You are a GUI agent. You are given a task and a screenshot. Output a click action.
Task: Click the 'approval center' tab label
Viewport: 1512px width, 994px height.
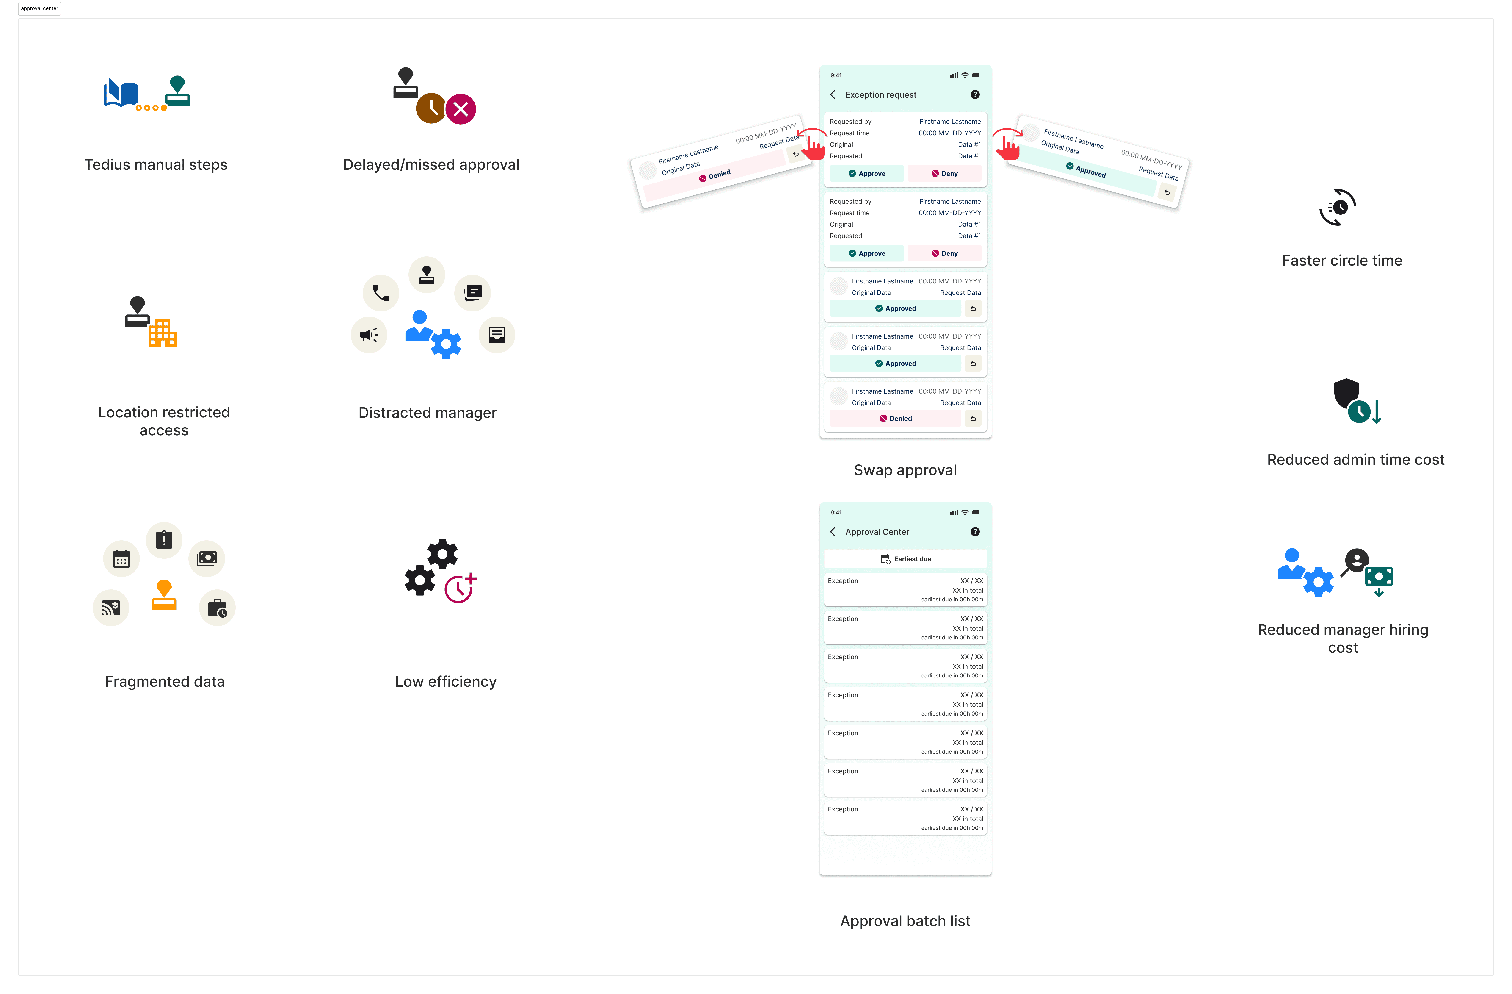tap(39, 8)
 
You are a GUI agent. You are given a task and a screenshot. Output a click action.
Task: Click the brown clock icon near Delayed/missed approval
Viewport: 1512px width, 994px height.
tap(431, 109)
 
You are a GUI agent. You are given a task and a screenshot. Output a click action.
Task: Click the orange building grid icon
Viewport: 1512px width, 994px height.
tap(163, 333)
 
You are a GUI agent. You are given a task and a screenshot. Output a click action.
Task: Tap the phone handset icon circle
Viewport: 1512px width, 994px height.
tap(381, 293)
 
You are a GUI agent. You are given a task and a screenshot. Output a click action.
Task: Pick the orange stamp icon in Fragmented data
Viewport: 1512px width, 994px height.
tap(164, 596)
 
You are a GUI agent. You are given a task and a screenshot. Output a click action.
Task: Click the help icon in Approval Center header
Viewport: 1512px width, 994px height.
tap(974, 532)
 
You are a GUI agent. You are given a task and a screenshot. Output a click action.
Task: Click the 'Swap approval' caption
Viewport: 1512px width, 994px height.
tap(905, 470)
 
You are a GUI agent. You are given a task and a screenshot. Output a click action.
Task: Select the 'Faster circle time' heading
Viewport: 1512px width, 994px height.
tap(1342, 261)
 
